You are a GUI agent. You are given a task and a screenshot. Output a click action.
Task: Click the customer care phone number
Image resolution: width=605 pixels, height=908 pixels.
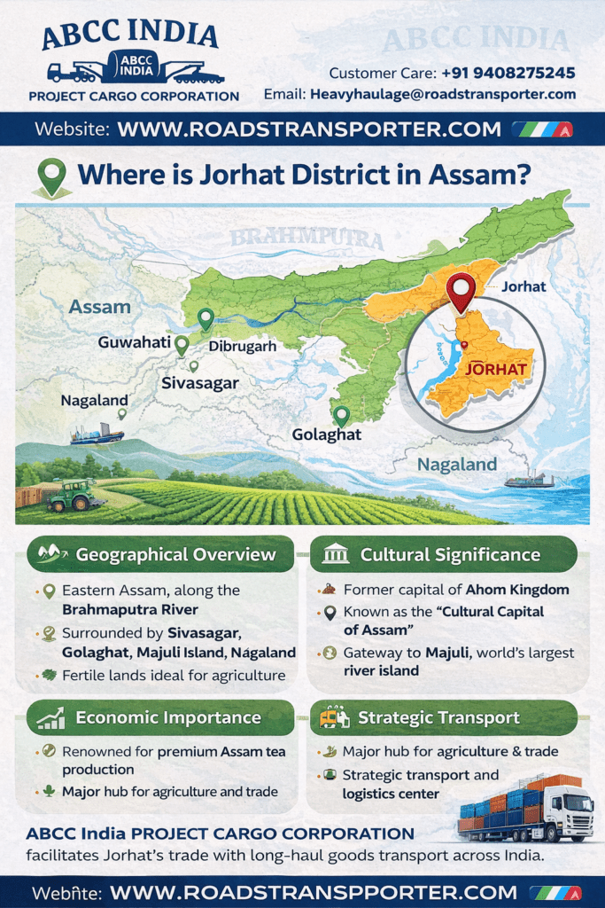coord(508,73)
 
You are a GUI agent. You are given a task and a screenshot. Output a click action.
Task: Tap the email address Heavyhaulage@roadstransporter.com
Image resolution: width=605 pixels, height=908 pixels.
coord(442,94)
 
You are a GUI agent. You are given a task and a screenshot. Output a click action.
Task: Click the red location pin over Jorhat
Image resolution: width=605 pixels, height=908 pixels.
coord(461,292)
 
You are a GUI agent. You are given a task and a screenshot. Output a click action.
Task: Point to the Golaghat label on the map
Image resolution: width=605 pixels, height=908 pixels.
coord(326,435)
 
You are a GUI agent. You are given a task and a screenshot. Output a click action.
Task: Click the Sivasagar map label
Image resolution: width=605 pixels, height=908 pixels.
coord(200,383)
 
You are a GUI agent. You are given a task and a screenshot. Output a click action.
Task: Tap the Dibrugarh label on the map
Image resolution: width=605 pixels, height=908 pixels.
coord(242,347)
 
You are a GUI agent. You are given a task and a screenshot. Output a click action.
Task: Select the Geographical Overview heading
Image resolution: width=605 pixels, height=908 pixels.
coord(175,555)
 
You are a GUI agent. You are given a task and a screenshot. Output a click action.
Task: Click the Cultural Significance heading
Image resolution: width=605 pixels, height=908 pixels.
coord(449,555)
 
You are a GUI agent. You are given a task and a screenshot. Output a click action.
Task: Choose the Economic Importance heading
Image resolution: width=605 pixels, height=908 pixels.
coord(167,717)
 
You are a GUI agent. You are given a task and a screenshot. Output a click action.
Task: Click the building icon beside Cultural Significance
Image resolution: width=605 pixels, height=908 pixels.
coord(336,555)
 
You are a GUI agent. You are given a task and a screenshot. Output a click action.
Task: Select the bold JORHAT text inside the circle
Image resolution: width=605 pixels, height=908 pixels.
coord(496,369)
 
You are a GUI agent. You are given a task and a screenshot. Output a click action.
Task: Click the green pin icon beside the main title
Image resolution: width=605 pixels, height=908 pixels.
coord(52,176)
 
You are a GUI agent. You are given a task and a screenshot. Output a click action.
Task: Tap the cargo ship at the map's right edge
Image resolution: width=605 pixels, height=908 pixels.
coord(529,480)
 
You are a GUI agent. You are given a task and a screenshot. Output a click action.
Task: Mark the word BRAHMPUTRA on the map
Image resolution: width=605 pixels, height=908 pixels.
coord(306,239)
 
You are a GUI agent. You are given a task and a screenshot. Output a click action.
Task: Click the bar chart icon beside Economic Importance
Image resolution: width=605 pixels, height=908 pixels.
coord(50,718)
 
